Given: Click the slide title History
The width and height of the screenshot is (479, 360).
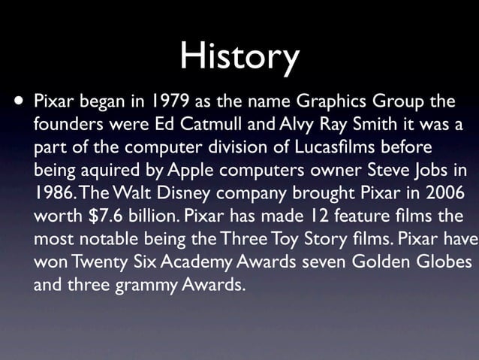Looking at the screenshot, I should (239, 56).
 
